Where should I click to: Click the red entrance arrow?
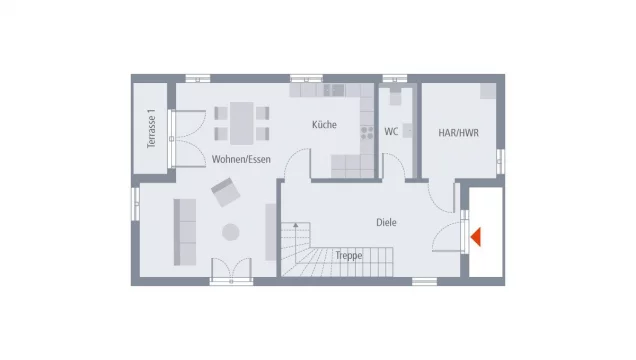pyautogui.click(x=476, y=237)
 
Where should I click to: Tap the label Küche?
pyautogui.click(x=323, y=126)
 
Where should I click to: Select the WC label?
pyautogui.click(x=391, y=131)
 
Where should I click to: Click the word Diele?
pyautogui.click(x=386, y=222)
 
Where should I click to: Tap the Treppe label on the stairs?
pyautogui.click(x=349, y=255)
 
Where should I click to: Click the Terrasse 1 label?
pyautogui.click(x=152, y=129)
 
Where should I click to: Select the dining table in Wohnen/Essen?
pyautogui.click(x=241, y=121)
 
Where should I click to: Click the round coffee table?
pyautogui.click(x=231, y=232)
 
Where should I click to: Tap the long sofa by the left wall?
pyautogui.click(x=184, y=231)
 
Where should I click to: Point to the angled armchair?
pyautogui.click(x=224, y=190)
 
